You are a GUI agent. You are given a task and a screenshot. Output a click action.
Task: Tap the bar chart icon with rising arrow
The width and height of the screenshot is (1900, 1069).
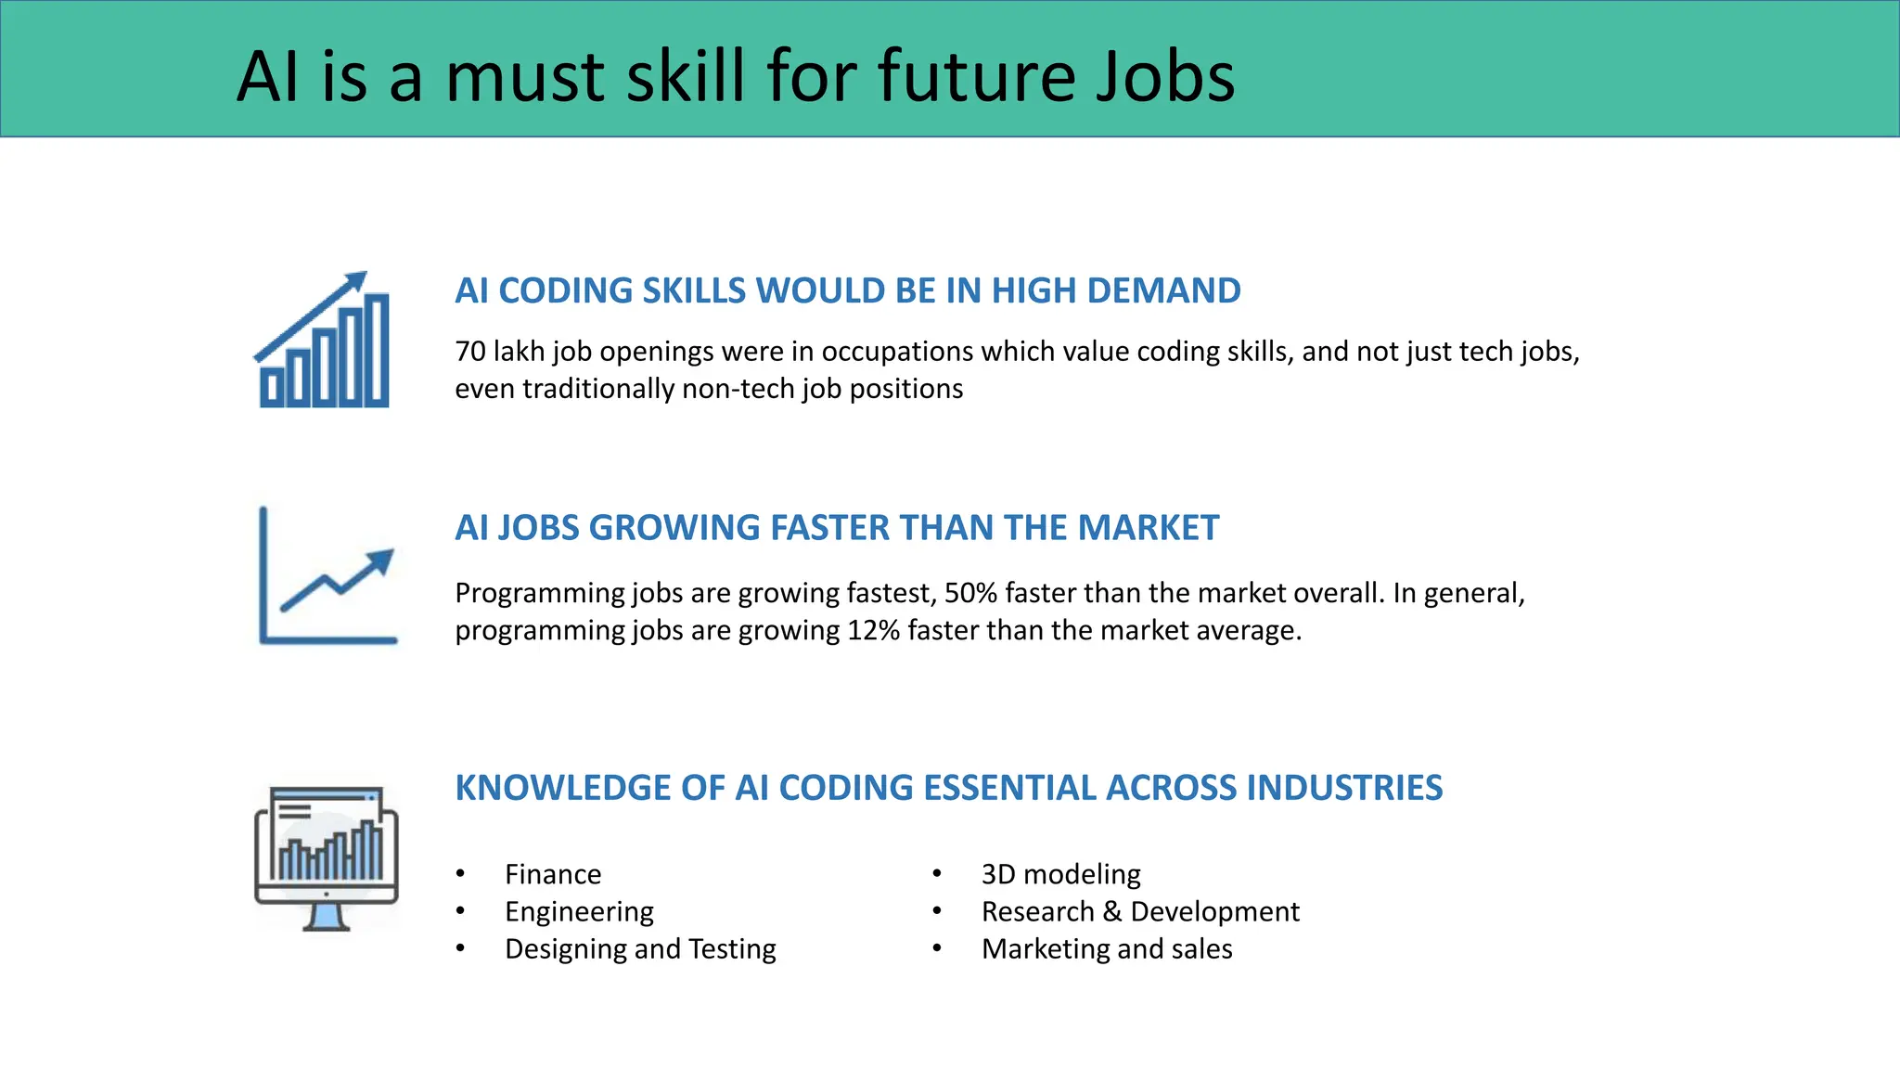pyautogui.click(x=323, y=341)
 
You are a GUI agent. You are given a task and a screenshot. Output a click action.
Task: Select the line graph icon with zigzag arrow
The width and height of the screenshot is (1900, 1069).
pyautogui.click(x=327, y=576)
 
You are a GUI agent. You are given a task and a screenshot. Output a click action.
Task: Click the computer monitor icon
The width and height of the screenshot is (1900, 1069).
pyautogui.click(x=327, y=857)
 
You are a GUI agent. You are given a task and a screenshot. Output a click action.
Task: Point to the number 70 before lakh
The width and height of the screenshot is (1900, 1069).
pyautogui.click(x=469, y=352)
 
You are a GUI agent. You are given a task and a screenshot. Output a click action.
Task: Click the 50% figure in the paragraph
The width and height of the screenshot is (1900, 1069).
pyautogui.click(x=970, y=593)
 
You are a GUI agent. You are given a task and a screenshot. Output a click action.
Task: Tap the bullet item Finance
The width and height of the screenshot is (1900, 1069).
pyautogui.click(x=553, y=874)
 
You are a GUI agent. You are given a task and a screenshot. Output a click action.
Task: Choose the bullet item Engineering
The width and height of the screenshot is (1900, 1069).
pyautogui.click(x=579, y=911)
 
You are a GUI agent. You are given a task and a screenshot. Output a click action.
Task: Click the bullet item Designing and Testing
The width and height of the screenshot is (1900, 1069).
pyautogui.click(x=640, y=948)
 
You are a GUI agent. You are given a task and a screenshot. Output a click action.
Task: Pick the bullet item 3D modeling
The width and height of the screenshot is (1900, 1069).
pyautogui.click(x=1060, y=874)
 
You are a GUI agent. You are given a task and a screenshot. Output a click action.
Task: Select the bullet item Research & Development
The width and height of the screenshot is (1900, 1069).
pyautogui.click(x=1140, y=911)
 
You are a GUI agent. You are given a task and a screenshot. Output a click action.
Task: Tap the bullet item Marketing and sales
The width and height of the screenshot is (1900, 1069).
pyautogui.click(x=1107, y=948)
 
